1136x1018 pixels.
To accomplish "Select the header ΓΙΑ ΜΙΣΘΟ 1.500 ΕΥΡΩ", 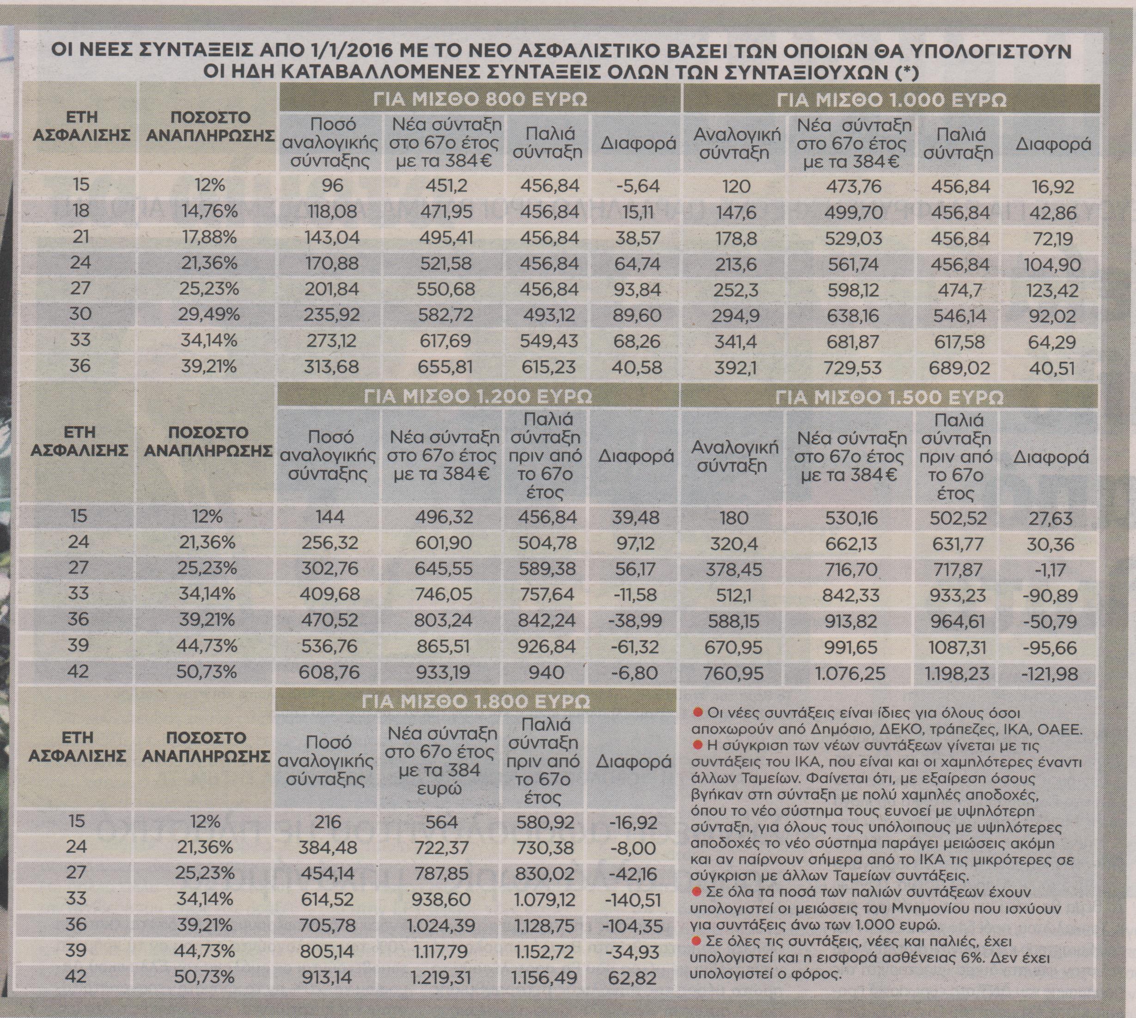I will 889,397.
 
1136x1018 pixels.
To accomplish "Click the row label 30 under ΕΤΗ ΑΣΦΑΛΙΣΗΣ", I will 80,315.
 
